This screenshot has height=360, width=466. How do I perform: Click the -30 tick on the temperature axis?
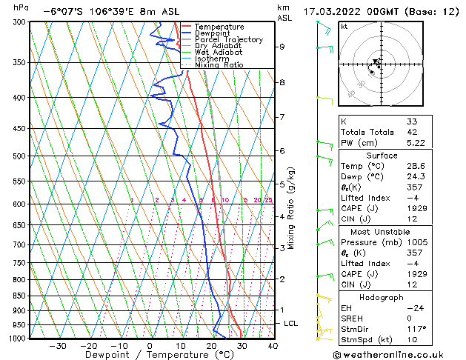(x=58, y=345)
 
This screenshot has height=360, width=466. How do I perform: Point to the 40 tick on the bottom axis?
(x=273, y=345)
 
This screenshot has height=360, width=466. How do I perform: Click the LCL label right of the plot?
(x=291, y=324)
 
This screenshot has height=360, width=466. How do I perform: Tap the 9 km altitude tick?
(x=282, y=47)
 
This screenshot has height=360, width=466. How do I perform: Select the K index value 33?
(x=412, y=121)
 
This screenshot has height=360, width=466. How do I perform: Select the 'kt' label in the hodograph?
(x=344, y=27)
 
